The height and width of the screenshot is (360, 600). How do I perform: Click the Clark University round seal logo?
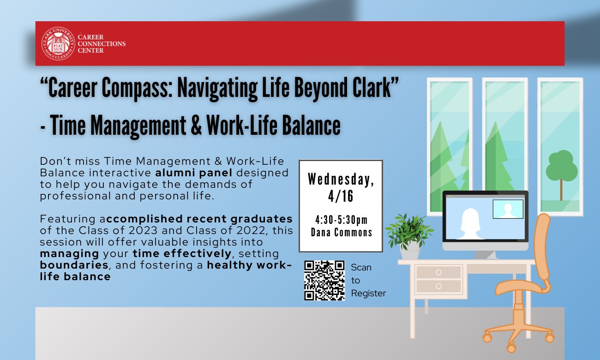click(x=58, y=43)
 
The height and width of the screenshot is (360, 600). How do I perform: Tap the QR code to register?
click(x=324, y=281)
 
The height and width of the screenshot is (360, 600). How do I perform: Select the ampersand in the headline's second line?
click(x=196, y=125)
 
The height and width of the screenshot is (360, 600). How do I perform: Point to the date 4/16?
click(x=341, y=196)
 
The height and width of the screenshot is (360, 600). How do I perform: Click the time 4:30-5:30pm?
click(x=341, y=220)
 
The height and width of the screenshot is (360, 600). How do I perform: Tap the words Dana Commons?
click(x=341, y=232)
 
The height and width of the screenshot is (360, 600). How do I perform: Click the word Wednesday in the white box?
click(x=339, y=179)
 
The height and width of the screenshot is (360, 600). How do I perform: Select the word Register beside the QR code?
click(x=368, y=293)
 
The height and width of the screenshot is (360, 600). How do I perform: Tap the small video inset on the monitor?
click(x=508, y=209)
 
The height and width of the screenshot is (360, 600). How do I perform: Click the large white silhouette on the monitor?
click(x=470, y=224)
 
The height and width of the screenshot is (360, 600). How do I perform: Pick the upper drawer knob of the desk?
click(x=438, y=272)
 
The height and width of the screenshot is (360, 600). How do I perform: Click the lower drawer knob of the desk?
click(x=438, y=286)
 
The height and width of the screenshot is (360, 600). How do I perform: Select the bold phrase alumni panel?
click(x=194, y=173)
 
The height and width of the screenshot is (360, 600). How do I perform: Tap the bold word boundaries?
click(x=74, y=265)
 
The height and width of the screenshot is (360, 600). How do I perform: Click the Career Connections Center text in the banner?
click(x=102, y=44)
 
